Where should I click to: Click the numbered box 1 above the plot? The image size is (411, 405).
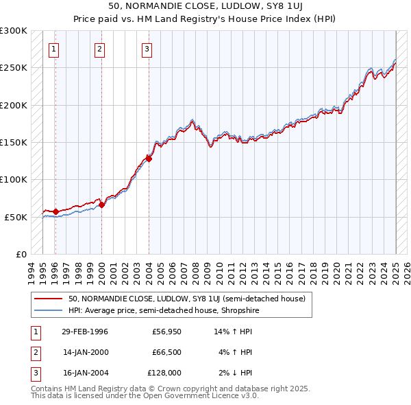point(53,49)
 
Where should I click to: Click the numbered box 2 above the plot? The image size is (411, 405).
point(100,49)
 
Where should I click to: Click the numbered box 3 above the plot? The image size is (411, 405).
point(147,49)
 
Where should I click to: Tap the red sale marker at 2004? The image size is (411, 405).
point(149,159)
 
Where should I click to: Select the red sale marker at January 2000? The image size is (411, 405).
point(101,204)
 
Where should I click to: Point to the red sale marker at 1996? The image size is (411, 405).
point(55,211)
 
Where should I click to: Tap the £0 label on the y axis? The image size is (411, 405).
point(20,254)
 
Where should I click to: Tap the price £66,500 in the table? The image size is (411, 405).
point(166,352)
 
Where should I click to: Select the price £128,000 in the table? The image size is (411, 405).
point(164,373)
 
